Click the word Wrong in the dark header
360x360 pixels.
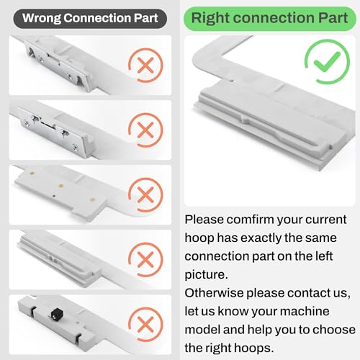tap(42, 19)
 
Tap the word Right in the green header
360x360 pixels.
tap(210, 19)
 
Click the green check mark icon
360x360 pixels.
tap(327, 61)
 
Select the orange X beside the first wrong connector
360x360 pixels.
tap(145, 66)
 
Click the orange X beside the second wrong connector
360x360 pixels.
tap(145, 130)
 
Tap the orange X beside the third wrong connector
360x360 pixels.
tap(145, 194)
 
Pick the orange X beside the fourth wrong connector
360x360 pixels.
tap(145, 259)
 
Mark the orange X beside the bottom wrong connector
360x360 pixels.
tap(145, 324)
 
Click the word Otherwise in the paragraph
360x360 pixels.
tap(214, 293)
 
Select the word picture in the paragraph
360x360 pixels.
tap(206, 275)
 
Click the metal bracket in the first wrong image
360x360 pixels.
tap(58, 64)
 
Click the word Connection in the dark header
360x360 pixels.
tap(97, 19)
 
